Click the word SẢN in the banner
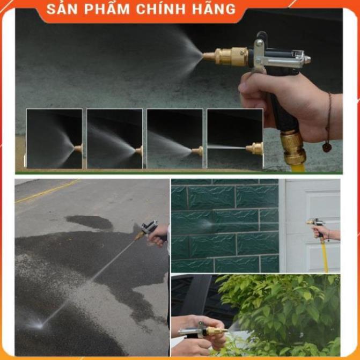point(62,9)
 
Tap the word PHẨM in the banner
point(107,9)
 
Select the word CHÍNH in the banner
point(161,9)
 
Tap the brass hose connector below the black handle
point(292,148)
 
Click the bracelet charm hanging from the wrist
point(327,147)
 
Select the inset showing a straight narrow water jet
point(235,138)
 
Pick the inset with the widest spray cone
point(54,138)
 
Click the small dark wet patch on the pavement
point(90,222)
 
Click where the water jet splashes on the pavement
point(39,325)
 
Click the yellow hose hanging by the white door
point(325,255)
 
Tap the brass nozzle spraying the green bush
point(217,330)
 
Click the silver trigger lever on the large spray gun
point(258,55)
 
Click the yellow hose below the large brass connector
point(298,167)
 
